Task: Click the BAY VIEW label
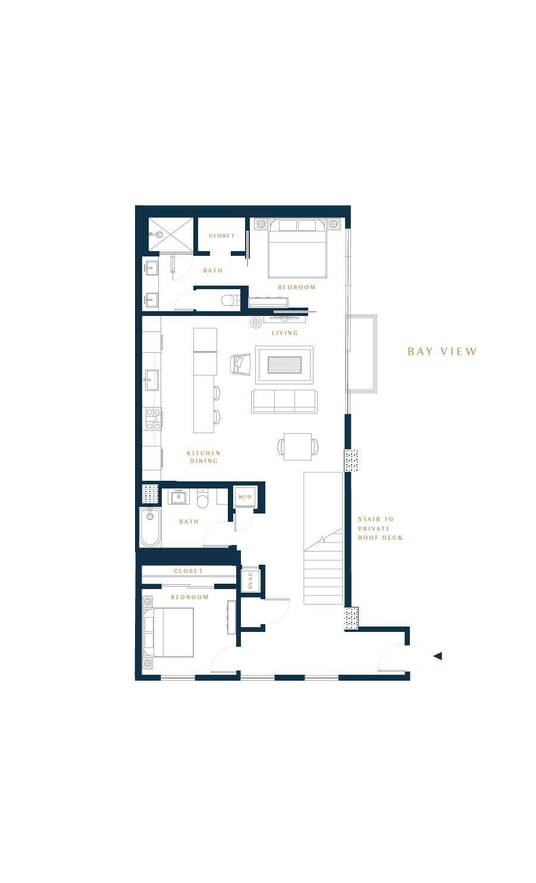pyautogui.click(x=442, y=351)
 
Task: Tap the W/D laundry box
pyautogui.click(x=245, y=497)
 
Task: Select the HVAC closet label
pyautogui.click(x=250, y=581)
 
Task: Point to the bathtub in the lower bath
pyautogui.click(x=150, y=527)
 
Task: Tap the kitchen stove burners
pyautogui.click(x=153, y=419)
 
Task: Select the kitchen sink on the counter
pyautogui.click(x=152, y=380)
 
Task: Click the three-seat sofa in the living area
pyautogui.click(x=284, y=401)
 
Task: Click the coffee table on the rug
pyautogui.click(x=284, y=365)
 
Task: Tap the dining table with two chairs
pyautogui.click(x=298, y=447)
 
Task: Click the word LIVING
pyautogui.click(x=285, y=333)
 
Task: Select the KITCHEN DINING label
pyautogui.click(x=204, y=457)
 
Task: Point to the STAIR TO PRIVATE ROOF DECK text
pyautogui.click(x=380, y=528)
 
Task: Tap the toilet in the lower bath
pyautogui.click(x=203, y=499)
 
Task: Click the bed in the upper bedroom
pyautogui.click(x=297, y=248)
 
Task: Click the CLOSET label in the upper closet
pyautogui.click(x=222, y=236)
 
